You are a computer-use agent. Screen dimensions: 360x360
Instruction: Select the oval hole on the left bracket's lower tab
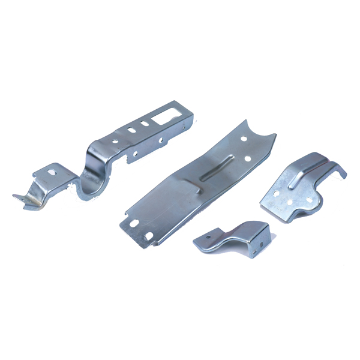[52, 172]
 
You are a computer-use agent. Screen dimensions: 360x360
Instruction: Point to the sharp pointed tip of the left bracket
[15, 196]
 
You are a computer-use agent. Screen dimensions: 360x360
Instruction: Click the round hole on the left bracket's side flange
[137, 153]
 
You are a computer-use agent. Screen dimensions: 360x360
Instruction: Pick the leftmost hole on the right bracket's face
[277, 194]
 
